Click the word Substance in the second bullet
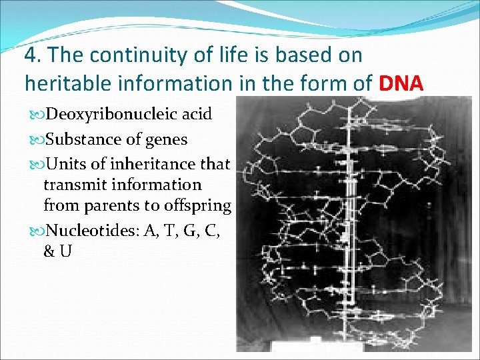pyautogui.click(x=77, y=139)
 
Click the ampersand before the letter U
pyautogui.click(x=49, y=251)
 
